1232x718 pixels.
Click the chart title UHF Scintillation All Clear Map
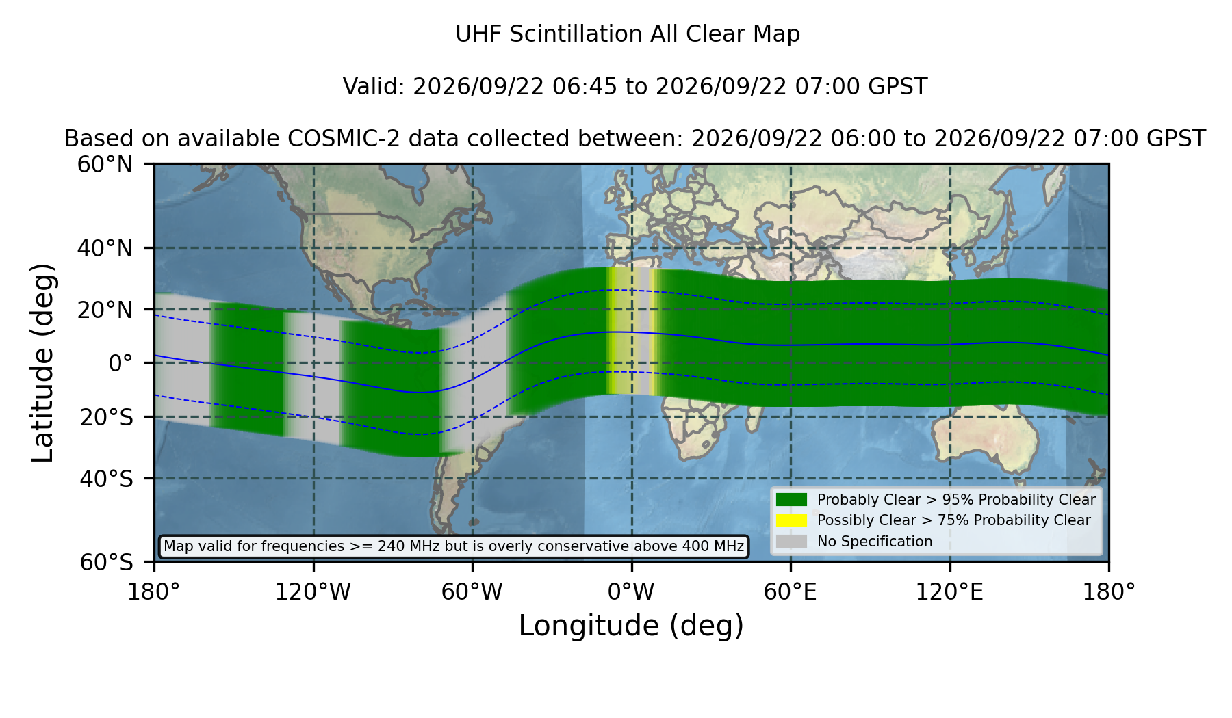(628, 34)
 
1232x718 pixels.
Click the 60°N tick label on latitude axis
(105, 165)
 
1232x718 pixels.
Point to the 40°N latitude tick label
(105, 248)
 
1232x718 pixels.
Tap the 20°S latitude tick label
(107, 417)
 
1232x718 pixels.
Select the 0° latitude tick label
(121, 363)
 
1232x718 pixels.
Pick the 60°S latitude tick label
(107, 562)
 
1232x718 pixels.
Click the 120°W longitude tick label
(313, 591)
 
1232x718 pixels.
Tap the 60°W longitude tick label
(472, 591)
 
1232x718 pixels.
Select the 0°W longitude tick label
(632, 591)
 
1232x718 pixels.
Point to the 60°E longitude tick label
(791, 591)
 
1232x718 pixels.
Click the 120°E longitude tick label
(950, 591)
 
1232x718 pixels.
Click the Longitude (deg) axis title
(631, 626)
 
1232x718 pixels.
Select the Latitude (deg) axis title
(42, 362)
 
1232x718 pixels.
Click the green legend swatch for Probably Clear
(791, 499)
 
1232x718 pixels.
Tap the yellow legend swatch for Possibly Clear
(791, 520)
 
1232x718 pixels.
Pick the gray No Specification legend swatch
(791, 541)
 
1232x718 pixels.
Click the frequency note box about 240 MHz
(454, 546)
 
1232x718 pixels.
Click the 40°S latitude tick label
(107, 479)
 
